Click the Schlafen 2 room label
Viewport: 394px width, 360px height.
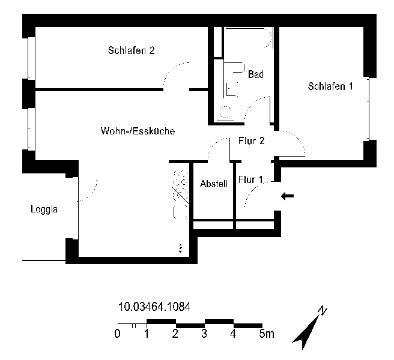[x=131, y=50]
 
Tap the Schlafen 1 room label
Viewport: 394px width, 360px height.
[x=330, y=86]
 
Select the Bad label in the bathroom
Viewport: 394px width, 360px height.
[x=256, y=74]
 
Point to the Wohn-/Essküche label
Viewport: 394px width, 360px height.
[x=138, y=131]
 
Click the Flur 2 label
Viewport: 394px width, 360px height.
[x=251, y=141]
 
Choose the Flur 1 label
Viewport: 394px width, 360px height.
[x=250, y=180]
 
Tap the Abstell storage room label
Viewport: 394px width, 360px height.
[x=214, y=184]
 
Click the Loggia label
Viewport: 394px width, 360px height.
[x=44, y=209]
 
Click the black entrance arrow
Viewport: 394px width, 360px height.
[x=287, y=196]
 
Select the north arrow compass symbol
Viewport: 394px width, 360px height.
[x=309, y=328]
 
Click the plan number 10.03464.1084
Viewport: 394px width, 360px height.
[x=154, y=307]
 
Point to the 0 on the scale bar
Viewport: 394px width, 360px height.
[x=117, y=334]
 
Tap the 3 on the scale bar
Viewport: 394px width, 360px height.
[x=204, y=334]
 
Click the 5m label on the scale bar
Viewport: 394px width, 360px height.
[x=267, y=334]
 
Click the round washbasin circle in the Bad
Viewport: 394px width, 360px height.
[x=225, y=112]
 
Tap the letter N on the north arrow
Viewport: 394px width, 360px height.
[x=323, y=311]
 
